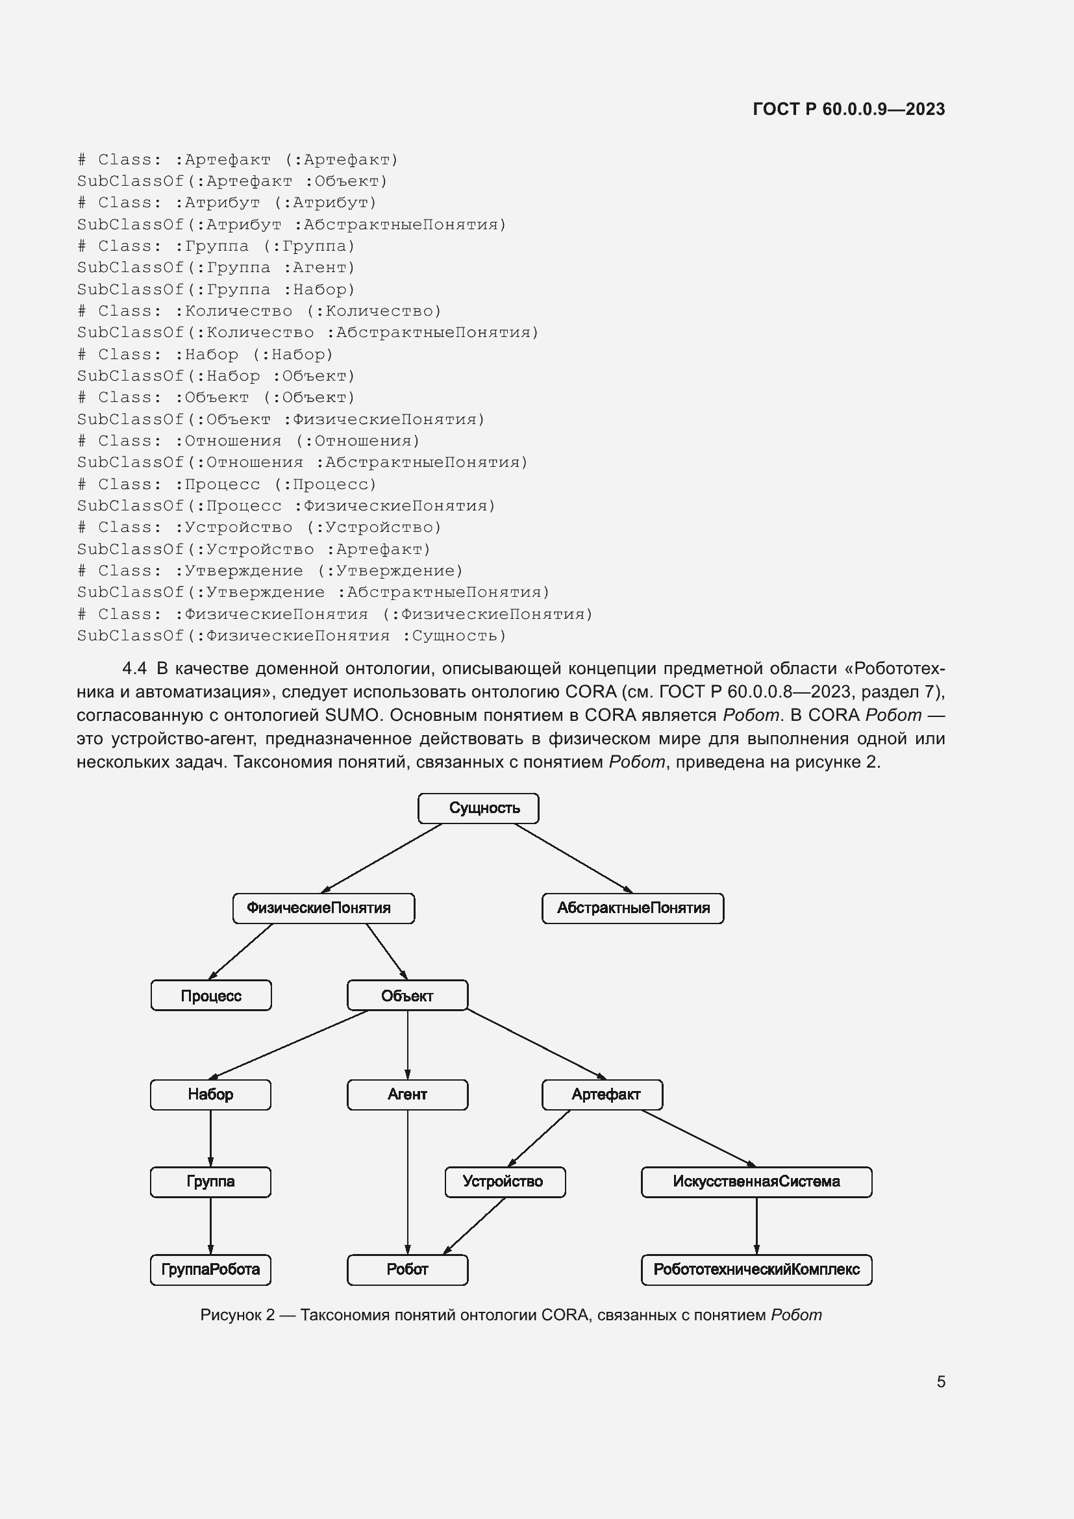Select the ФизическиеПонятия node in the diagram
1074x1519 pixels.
(323, 909)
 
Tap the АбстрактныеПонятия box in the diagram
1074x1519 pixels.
(633, 909)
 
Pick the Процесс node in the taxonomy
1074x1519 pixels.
(211, 995)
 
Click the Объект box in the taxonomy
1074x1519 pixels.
(407, 995)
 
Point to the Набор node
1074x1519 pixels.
(210, 1094)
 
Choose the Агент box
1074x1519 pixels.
(407, 1094)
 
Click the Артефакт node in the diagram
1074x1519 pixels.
(603, 1094)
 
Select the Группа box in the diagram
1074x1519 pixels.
(210, 1181)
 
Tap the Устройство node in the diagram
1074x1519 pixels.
(505, 1181)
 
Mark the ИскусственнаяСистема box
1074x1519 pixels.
(756, 1181)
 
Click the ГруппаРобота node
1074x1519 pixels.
(210, 1270)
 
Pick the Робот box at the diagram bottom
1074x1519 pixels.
(407, 1270)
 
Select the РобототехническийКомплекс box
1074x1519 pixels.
(756, 1270)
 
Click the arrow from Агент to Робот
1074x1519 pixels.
(407, 1182)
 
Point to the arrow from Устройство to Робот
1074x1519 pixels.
(474, 1225)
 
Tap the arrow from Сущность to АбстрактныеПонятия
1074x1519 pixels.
(574, 858)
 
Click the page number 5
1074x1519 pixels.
(941, 1381)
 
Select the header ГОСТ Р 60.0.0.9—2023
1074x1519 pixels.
(849, 109)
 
